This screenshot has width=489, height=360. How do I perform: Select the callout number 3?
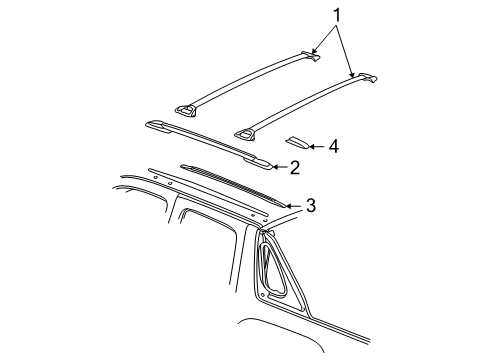click(x=311, y=206)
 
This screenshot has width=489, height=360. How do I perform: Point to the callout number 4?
click(x=332, y=146)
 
